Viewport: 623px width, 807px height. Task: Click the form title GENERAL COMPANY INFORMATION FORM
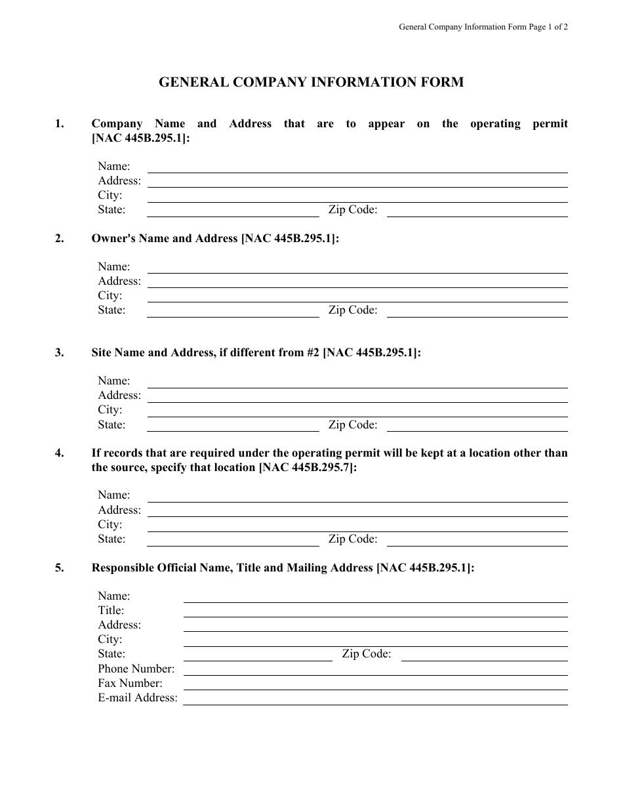311,83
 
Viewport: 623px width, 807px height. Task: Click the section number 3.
60,352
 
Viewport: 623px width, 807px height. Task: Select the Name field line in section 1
357,168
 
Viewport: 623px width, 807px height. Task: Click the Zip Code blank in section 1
477,212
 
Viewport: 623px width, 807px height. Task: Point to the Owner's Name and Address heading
215,239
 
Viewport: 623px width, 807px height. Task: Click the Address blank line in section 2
357,283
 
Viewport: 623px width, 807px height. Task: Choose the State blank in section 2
233,312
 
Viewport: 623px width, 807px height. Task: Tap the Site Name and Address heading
256,352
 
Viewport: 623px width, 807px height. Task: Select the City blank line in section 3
357,412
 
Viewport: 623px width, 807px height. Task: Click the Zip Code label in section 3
353,424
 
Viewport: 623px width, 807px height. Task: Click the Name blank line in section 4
357,497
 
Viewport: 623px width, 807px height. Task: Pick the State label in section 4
111,539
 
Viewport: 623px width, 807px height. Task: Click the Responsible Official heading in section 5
282,568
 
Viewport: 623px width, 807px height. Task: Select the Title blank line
375,612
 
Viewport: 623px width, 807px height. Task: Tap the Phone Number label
136,669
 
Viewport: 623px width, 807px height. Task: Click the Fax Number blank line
375,685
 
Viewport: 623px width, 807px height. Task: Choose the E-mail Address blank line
375,700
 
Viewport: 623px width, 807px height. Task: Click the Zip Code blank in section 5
484,656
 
